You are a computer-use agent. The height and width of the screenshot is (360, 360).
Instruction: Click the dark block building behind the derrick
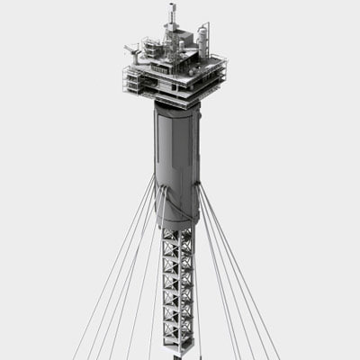point(184,43)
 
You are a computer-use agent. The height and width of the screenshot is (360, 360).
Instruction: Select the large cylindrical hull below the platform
point(176,157)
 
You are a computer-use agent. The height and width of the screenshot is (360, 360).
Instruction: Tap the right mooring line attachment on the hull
point(198,185)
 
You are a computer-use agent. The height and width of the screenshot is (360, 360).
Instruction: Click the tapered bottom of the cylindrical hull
point(177,218)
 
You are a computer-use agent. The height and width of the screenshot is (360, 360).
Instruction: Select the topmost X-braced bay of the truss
point(177,240)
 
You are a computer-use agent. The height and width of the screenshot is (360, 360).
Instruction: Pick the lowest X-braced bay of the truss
point(177,335)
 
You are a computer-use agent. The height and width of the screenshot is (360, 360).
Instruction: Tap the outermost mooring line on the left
point(99,297)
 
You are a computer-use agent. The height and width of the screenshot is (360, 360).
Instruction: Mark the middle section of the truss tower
point(177,288)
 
